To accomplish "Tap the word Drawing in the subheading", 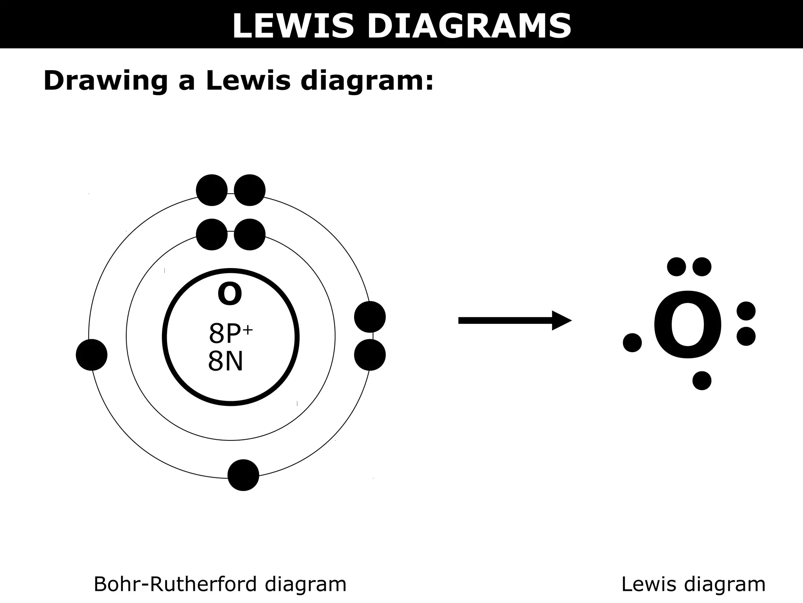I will (105, 81).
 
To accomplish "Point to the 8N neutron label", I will (225, 361).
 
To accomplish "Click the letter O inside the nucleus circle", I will (230, 294).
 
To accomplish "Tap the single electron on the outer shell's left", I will (92, 355).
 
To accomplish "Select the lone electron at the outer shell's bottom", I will (243, 475).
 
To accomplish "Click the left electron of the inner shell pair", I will (212, 234).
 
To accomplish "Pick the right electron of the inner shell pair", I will (249, 234).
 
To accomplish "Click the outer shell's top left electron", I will (212, 190).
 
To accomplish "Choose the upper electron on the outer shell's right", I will (370, 317).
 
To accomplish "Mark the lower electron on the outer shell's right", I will (370, 355).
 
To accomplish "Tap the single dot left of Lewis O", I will (632, 343).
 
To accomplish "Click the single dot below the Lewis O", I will (702, 380).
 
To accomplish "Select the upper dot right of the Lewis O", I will (746, 311).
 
